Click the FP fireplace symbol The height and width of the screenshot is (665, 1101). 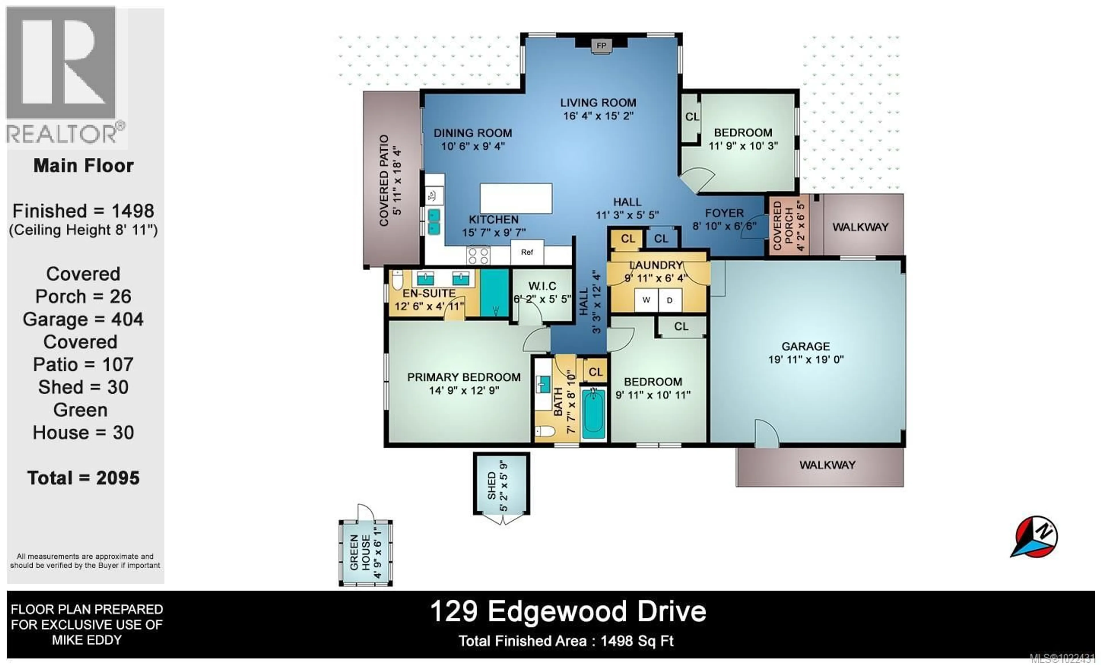[x=602, y=46]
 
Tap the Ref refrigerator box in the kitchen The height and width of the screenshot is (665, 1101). [x=527, y=252]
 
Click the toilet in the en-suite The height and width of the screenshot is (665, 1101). [x=397, y=280]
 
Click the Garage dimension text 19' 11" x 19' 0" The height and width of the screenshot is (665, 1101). [x=806, y=359]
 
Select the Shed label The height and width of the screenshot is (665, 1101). [x=491, y=486]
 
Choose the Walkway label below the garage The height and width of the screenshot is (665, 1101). [x=827, y=465]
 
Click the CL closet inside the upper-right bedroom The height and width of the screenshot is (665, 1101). [x=692, y=117]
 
